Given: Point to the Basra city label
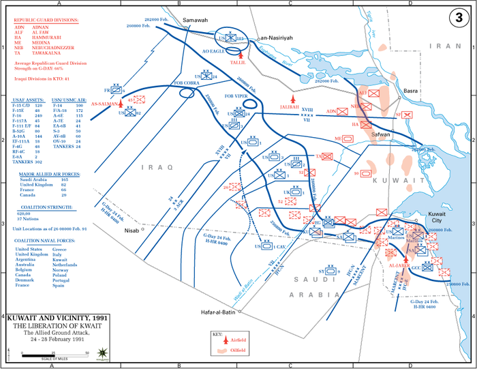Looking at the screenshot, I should [410, 91].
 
